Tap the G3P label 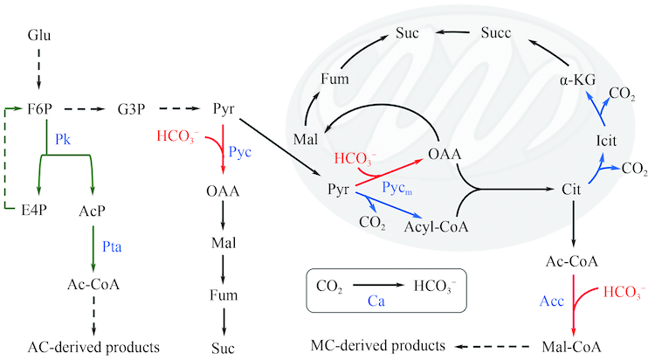point(132,110)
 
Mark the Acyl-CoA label point(437,228)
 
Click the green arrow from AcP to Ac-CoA point(93,248)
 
